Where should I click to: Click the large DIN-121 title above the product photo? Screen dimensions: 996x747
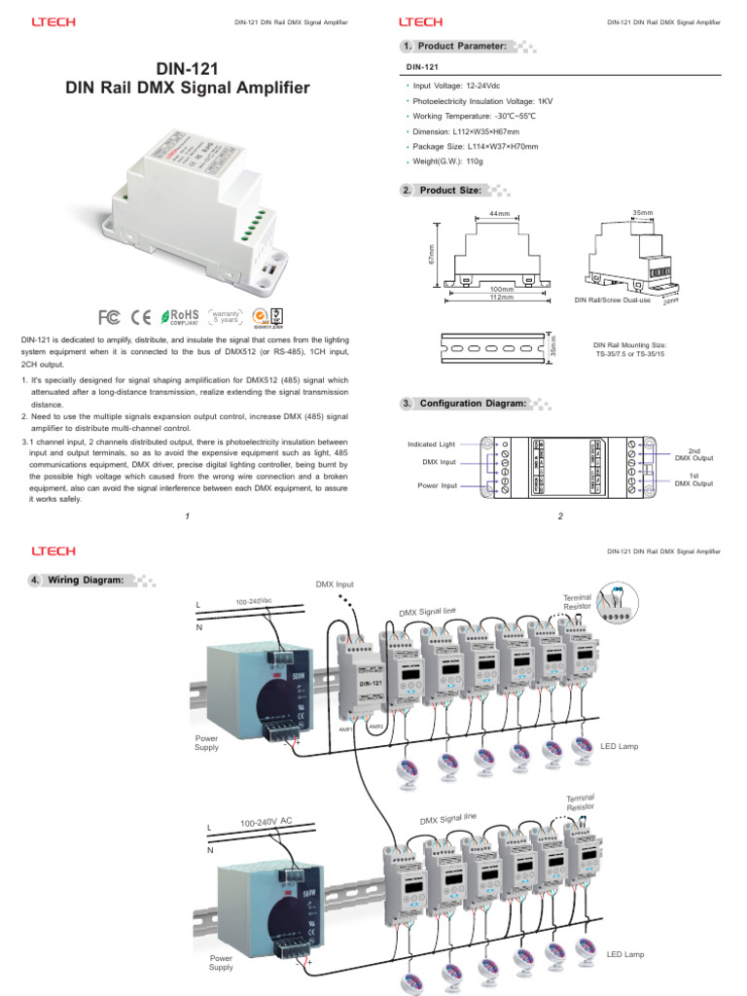(186, 68)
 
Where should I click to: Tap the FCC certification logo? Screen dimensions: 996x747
(110, 317)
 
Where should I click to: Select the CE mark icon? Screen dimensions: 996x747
(142, 317)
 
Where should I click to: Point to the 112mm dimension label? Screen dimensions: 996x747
(501, 297)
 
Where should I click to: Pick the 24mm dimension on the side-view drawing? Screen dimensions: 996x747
(670, 301)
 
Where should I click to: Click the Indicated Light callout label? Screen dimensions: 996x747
(432, 445)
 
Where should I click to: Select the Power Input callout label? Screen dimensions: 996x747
(437, 485)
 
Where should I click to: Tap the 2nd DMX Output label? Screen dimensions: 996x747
(694, 455)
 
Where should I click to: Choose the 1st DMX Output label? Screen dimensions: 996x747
(694, 479)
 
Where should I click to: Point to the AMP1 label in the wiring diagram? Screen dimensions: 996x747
(345, 728)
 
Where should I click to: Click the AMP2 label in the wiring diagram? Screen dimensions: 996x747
(375, 725)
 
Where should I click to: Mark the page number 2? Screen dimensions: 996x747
(560, 516)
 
